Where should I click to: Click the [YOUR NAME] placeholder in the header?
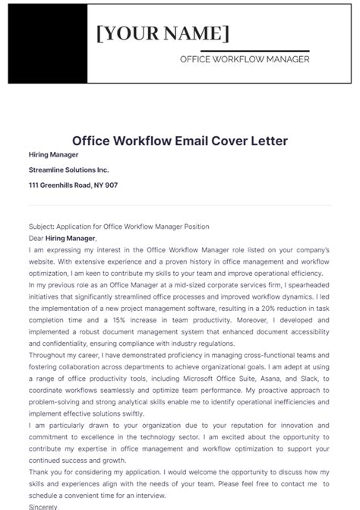tap(163, 33)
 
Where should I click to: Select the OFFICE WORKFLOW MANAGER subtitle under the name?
tap(244, 59)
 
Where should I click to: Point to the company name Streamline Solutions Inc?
tap(69, 169)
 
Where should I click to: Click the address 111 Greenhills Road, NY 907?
tap(73, 185)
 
